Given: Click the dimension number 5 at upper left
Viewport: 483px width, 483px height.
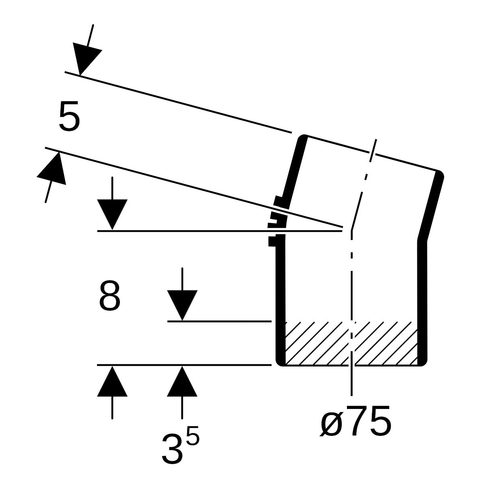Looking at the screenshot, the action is (x=69, y=116).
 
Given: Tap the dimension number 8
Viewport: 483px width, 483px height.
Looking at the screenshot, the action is (x=109, y=295).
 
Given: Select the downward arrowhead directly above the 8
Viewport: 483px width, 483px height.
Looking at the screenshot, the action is (x=112, y=214).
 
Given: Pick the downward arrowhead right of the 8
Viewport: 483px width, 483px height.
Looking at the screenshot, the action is (x=182, y=305).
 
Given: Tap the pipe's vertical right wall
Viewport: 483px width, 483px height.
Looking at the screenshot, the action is (x=422, y=303).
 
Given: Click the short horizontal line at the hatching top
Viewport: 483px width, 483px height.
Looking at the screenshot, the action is (x=220, y=321).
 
